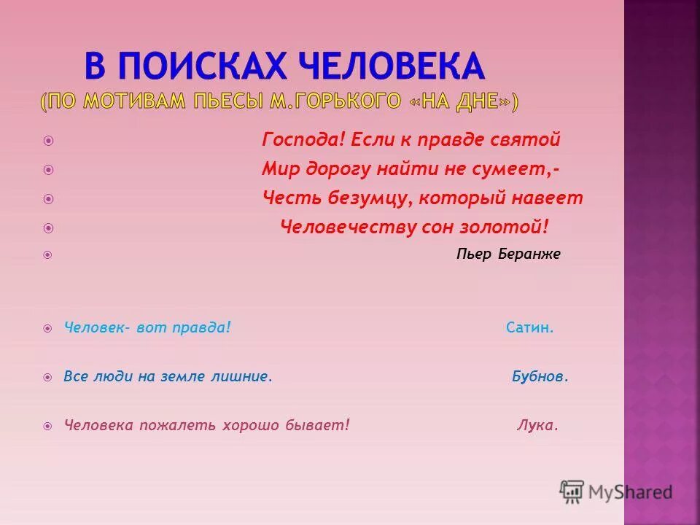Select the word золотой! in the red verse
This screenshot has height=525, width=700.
tap(511, 227)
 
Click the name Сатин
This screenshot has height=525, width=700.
tap(530, 328)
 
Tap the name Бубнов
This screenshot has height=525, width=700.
tap(540, 377)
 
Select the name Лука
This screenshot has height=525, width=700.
tap(537, 426)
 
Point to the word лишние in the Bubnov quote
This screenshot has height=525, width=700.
tap(240, 377)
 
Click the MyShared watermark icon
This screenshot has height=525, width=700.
tap(572, 492)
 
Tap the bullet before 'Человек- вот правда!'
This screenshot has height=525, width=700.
tap(48, 329)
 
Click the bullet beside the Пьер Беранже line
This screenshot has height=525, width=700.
tap(48, 255)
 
